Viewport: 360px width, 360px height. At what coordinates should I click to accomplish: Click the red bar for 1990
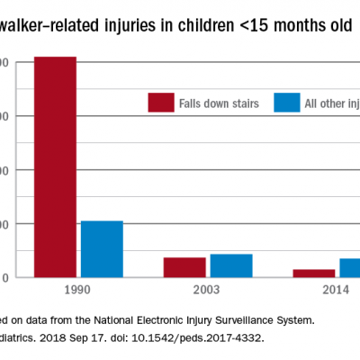[56, 166]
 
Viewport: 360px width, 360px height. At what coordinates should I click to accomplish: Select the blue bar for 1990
[102, 248]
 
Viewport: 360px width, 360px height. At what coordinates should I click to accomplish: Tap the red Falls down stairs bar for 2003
[184, 267]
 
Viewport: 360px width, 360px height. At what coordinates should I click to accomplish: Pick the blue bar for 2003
[231, 265]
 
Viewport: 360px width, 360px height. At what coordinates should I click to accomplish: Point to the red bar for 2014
[314, 273]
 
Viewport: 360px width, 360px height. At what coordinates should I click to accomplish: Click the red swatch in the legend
[160, 103]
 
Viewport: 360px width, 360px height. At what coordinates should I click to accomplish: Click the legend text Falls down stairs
[218, 104]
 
